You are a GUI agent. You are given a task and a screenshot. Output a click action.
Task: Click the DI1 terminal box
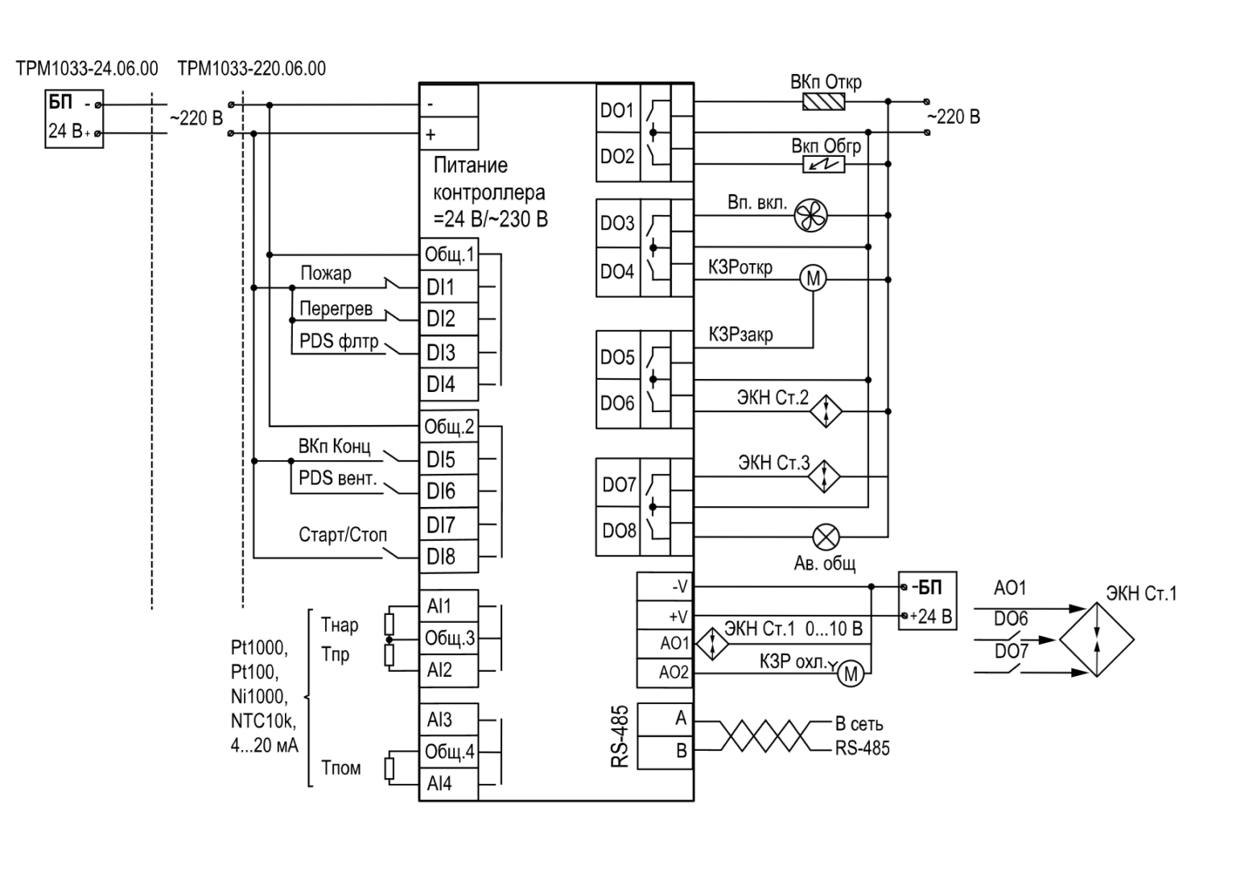pos(448,286)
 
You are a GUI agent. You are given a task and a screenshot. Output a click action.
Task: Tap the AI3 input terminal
pos(448,719)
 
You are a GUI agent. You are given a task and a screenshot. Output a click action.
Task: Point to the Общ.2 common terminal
pos(448,427)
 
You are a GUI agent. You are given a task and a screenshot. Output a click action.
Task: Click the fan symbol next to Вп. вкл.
pos(810,215)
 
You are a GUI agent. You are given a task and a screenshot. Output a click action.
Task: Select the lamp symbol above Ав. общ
pos(826,537)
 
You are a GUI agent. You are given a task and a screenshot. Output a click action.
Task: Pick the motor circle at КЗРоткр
pos(814,279)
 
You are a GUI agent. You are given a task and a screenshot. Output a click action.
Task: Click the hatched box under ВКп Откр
pos(823,101)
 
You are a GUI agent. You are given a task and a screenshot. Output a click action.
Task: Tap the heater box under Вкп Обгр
pos(823,164)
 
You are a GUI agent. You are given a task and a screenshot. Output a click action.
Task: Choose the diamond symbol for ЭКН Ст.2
pos(826,411)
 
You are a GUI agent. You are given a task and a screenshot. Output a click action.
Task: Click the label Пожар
pos(326,273)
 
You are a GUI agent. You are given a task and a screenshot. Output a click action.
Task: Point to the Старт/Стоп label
pos(343,534)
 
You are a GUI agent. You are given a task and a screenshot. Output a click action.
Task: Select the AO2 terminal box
pos(665,673)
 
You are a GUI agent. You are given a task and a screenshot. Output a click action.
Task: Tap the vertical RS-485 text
pos(620,736)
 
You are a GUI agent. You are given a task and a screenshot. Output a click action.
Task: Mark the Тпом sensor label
pos(341,768)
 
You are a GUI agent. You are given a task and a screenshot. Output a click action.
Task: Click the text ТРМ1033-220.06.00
pos(252,68)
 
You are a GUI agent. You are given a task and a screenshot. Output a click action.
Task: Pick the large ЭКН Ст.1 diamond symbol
pos(1097,640)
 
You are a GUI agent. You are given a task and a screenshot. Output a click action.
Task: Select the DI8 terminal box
pos(448,557)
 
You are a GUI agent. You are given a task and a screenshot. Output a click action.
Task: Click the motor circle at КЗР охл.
pos(851,674)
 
